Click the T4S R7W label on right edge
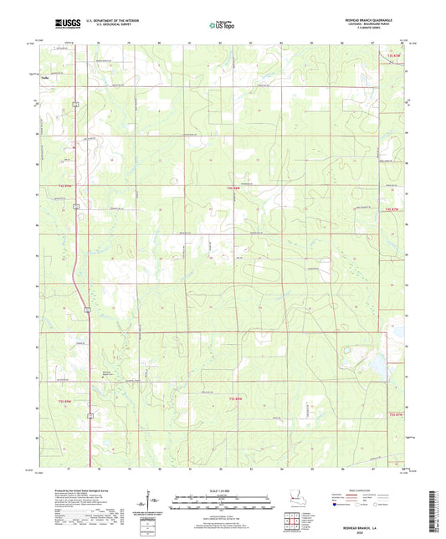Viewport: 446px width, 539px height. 393,208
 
